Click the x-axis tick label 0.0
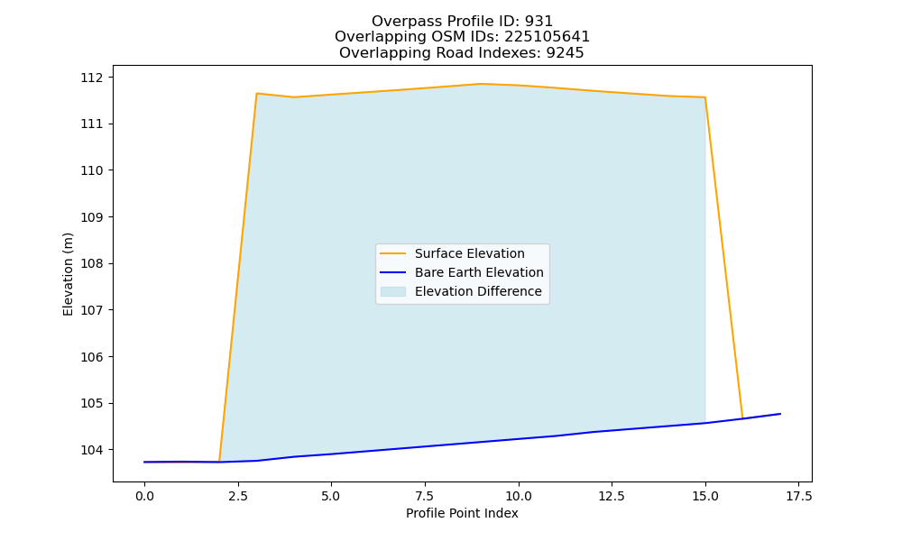(144, 496)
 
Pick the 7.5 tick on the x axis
(425, 496)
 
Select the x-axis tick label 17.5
(799, 496)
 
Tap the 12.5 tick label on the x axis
(612, 496)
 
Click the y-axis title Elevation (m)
(69, 274)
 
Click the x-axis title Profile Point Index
(462, 513)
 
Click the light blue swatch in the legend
(393, 291)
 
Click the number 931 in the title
(539, 22)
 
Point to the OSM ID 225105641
(548, 37)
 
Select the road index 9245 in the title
(565, 53)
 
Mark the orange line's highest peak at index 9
(481, 84)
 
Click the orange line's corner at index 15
(705, 97)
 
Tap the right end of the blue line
(780, 414)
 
